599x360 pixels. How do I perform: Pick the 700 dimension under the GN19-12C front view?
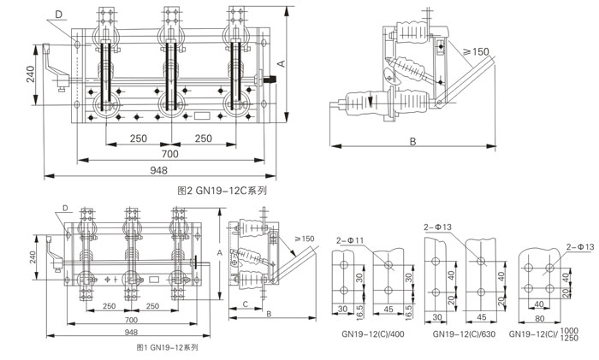point(169,153)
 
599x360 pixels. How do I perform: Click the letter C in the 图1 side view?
point(246,304)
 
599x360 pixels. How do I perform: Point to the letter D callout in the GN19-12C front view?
point(58,15)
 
